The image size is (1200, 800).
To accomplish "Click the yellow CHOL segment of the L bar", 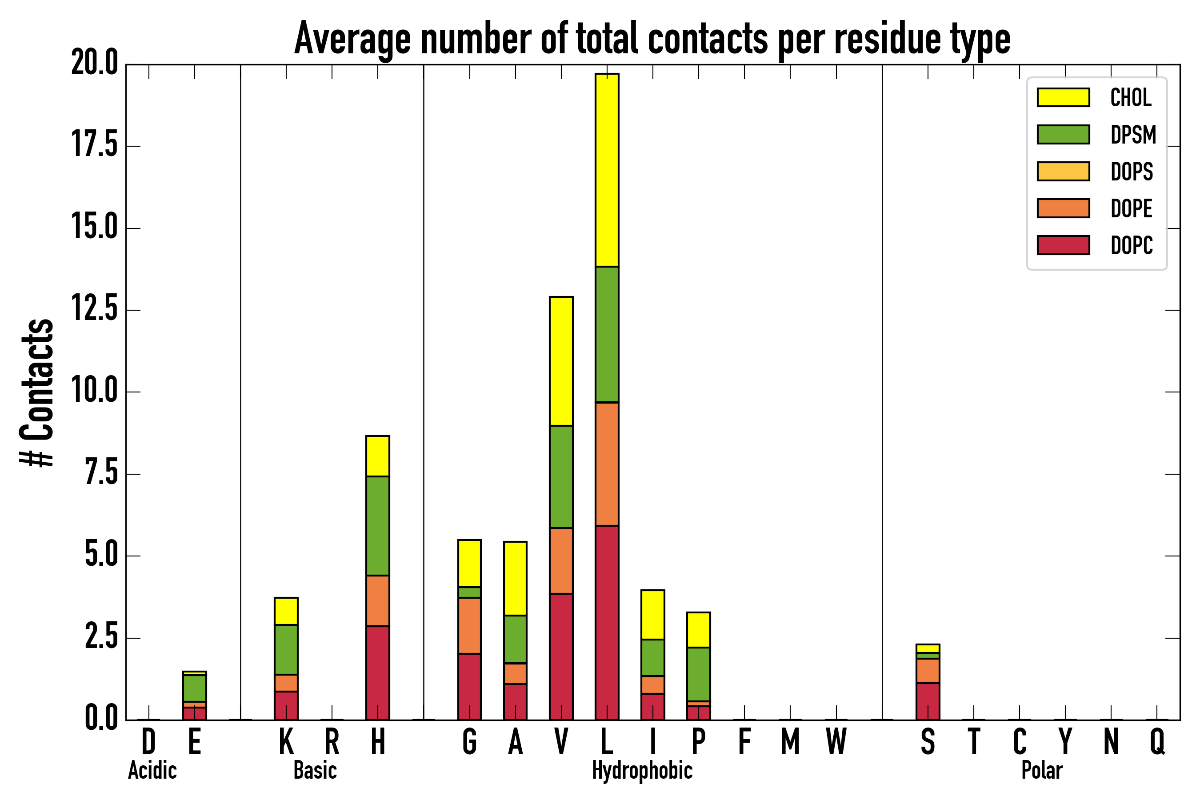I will click(x=607, y=170).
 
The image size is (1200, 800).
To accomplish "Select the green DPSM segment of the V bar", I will click(x=561, y=476).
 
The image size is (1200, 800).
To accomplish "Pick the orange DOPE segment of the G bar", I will click(x=469, y=625).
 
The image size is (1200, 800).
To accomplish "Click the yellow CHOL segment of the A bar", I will click(x=515, y=578).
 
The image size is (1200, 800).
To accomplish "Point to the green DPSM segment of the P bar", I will click(x=699, y=674).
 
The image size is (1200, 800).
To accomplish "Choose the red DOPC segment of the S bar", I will click(x=928, y=701).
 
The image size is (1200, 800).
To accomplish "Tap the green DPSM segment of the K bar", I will click(x=286, y=649).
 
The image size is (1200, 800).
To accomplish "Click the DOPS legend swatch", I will click(x=1063, y=172).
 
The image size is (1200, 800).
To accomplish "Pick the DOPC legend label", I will click(x=1132, y=245).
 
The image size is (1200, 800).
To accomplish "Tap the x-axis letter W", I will click(x=836, y=742).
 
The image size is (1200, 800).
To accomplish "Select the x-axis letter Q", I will click(x=1157, y=742).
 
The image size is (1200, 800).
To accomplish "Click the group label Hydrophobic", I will click(x=642, y=770).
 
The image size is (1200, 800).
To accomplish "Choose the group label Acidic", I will click(x=152, y=770).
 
